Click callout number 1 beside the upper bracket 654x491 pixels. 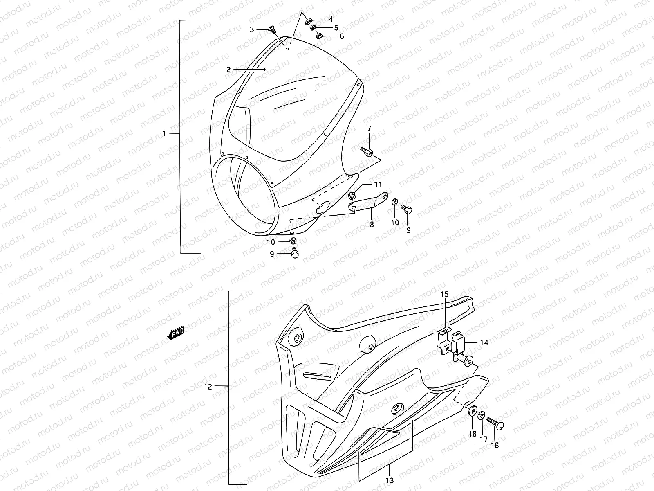164,134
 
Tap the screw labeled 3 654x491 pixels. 272,29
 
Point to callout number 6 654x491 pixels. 342,36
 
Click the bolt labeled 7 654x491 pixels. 367,152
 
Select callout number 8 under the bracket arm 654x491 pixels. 372,224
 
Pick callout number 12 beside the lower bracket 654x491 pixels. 208,386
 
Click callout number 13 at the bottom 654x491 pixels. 390,480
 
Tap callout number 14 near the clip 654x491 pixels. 484,343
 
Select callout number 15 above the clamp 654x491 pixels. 444,294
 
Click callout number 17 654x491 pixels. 484,439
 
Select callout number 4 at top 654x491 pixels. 331,19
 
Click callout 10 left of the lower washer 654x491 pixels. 271,242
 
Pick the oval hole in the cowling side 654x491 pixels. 323,207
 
